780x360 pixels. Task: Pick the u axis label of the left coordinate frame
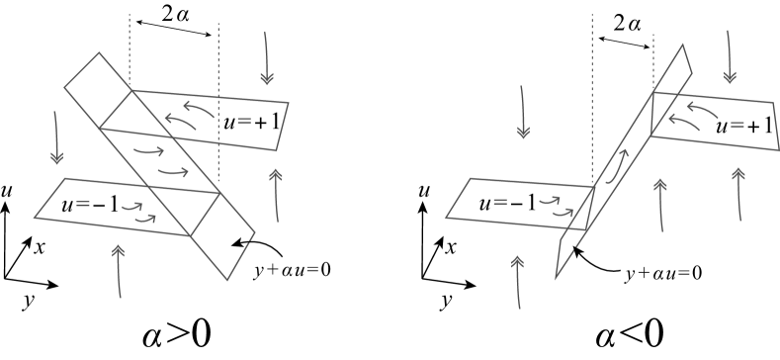8,189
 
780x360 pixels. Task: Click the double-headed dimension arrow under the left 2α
174,35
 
